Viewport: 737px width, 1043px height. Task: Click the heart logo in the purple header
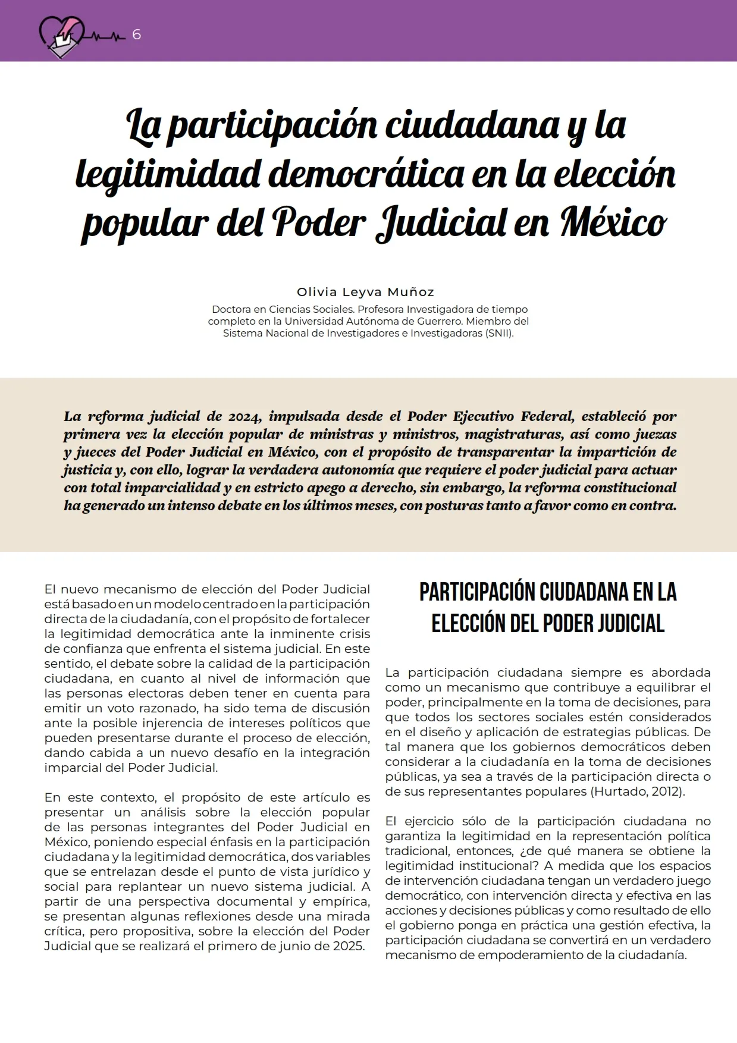[62, 35]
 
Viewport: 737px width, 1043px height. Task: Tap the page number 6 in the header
[136, 35]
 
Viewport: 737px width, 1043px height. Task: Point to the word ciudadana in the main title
[472, 125]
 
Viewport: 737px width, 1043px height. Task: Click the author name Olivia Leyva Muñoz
[366, 292]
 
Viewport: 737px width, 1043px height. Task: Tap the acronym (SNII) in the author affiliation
[499, 333]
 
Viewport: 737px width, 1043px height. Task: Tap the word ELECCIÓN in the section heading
[465, 624]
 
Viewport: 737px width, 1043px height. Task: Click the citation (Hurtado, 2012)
[637, 791]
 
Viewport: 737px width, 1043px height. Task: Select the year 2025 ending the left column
[348, 946]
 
